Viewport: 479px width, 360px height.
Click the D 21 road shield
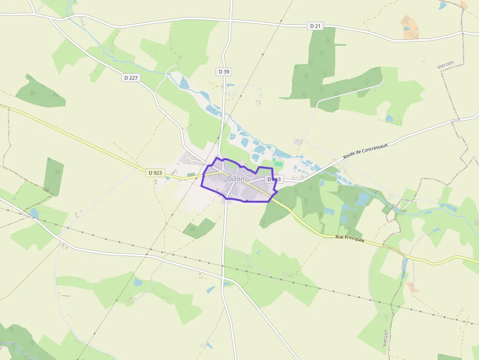315,25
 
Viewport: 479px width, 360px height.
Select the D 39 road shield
223,71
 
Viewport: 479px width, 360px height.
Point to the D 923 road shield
154,172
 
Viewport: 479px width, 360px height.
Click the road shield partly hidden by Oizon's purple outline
274,179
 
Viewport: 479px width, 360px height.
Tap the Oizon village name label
236,179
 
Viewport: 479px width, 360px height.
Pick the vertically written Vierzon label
385,338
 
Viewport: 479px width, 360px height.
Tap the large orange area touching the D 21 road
408,26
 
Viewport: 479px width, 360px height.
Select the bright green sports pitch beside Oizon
278,164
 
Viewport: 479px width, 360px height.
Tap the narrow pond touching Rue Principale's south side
404,267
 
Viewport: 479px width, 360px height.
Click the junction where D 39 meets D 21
230,21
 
